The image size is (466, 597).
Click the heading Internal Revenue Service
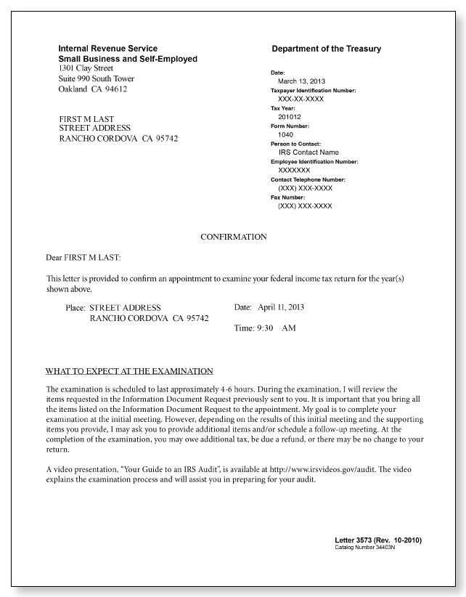click(107, 49)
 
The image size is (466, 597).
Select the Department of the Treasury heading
click(326, 49)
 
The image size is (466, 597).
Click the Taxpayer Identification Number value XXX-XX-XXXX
click(301, 99)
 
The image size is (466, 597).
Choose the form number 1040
click(285, 134)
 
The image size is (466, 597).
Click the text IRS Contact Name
click(308, 153)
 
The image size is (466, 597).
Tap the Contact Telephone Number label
click(308, 179)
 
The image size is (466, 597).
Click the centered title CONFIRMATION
click(233, 237)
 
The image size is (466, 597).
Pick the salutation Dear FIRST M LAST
click(83, 257)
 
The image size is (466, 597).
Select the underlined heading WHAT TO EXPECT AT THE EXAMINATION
click(129, 370)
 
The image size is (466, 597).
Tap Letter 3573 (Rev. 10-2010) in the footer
click(377, 540)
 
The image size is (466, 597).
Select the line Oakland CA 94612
click(93, 89)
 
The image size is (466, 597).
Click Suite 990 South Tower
click(96, 78)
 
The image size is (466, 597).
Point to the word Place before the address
click(75, 308)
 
